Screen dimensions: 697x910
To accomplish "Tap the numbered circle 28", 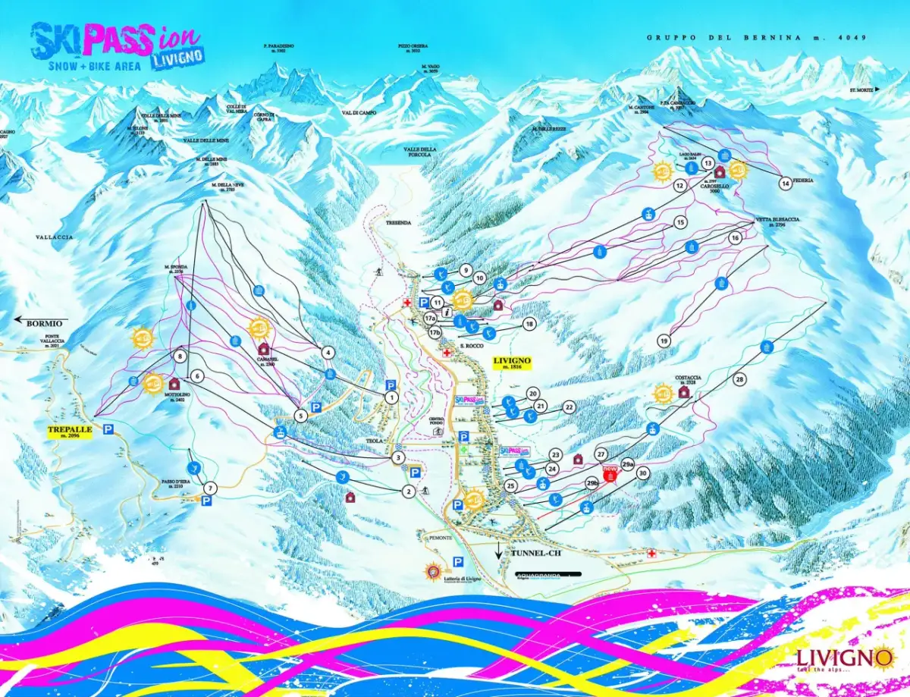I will pos(739,378).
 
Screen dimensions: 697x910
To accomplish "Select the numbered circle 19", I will pos(664,341).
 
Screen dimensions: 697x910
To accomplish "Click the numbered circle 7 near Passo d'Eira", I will pos(210,488).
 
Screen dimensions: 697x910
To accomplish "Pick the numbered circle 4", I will pos(328,352).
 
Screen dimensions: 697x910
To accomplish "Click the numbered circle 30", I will pos(643,473).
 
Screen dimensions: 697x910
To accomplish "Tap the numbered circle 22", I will pos(569,407).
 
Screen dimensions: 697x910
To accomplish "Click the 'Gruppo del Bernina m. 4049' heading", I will pos(757,37).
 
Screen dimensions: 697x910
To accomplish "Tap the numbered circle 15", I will pos(679,222).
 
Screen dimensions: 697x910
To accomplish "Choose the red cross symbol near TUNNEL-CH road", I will pos(651,554).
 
